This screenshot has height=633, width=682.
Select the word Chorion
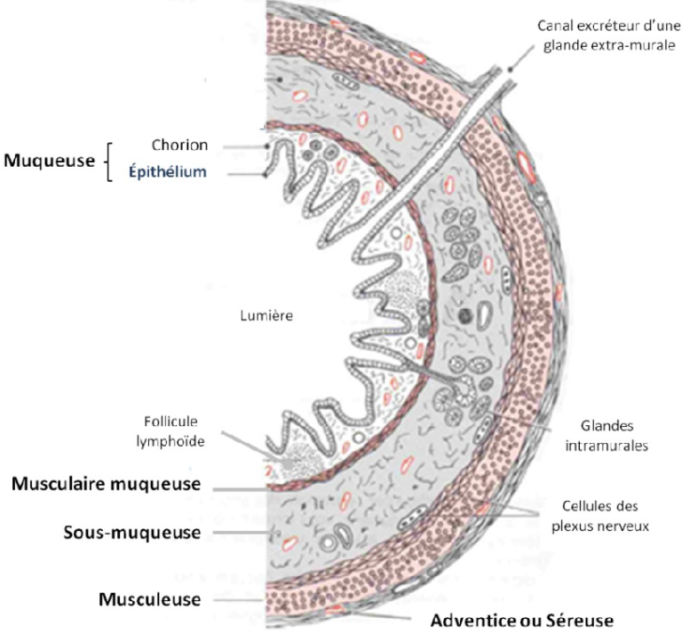point(178,145)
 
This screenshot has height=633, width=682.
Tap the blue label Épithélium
point(178,172)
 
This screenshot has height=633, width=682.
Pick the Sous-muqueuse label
point(131,532)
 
